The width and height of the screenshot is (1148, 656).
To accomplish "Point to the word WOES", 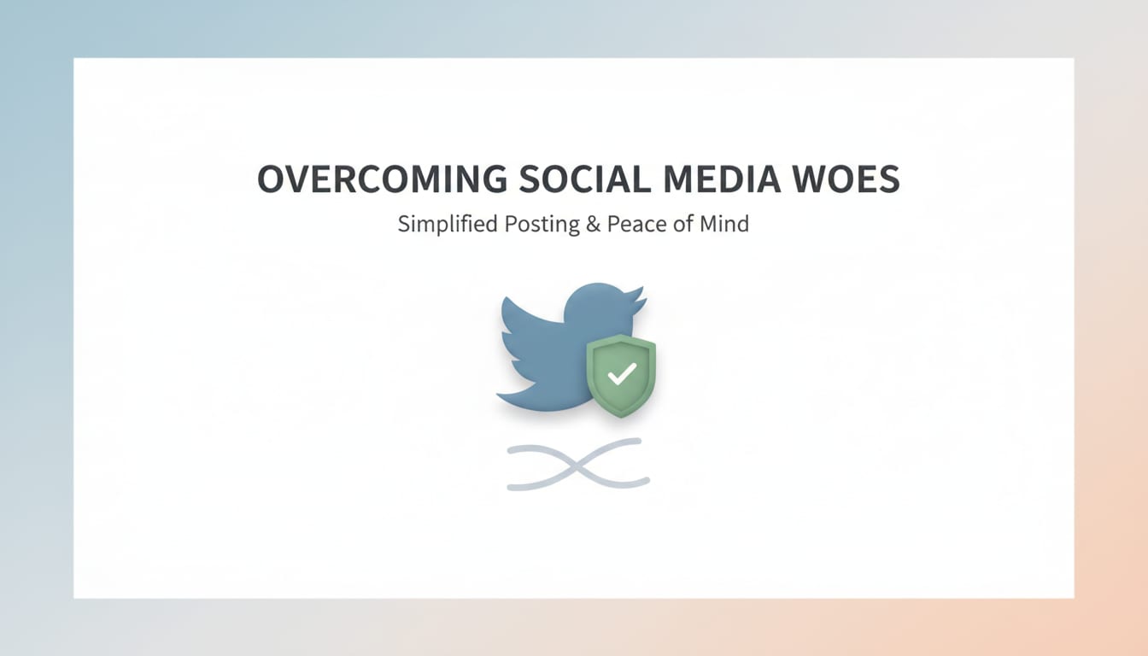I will (x=858, y=179).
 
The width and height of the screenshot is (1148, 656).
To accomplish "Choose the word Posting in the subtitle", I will (x=540, y=225).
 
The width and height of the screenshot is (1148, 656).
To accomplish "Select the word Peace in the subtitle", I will (x=632, y=225).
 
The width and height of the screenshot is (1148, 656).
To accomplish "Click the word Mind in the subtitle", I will (x=728, y=225).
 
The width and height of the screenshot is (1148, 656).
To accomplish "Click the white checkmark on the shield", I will (x=622, y=372).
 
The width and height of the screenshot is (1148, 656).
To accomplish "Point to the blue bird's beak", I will (x=640, y=302).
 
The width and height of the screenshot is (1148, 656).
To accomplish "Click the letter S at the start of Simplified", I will (x=403, y=225).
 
